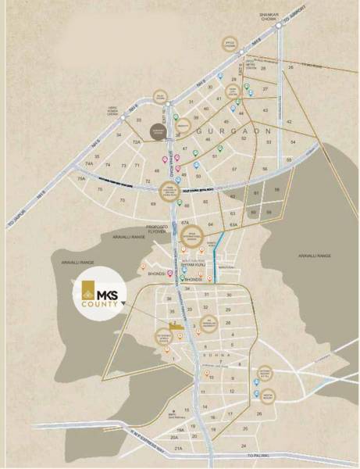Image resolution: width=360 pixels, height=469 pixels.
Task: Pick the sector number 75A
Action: click(81, 179)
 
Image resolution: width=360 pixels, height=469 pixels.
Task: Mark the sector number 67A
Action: click(186, 222)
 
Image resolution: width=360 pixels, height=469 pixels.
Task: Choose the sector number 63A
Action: click(233, 225)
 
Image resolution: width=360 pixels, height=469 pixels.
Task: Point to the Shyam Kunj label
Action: click(191, 265)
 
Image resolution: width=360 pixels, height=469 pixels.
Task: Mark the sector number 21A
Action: click(178, 448)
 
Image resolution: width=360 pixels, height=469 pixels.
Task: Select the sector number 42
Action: click(290, 122)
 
